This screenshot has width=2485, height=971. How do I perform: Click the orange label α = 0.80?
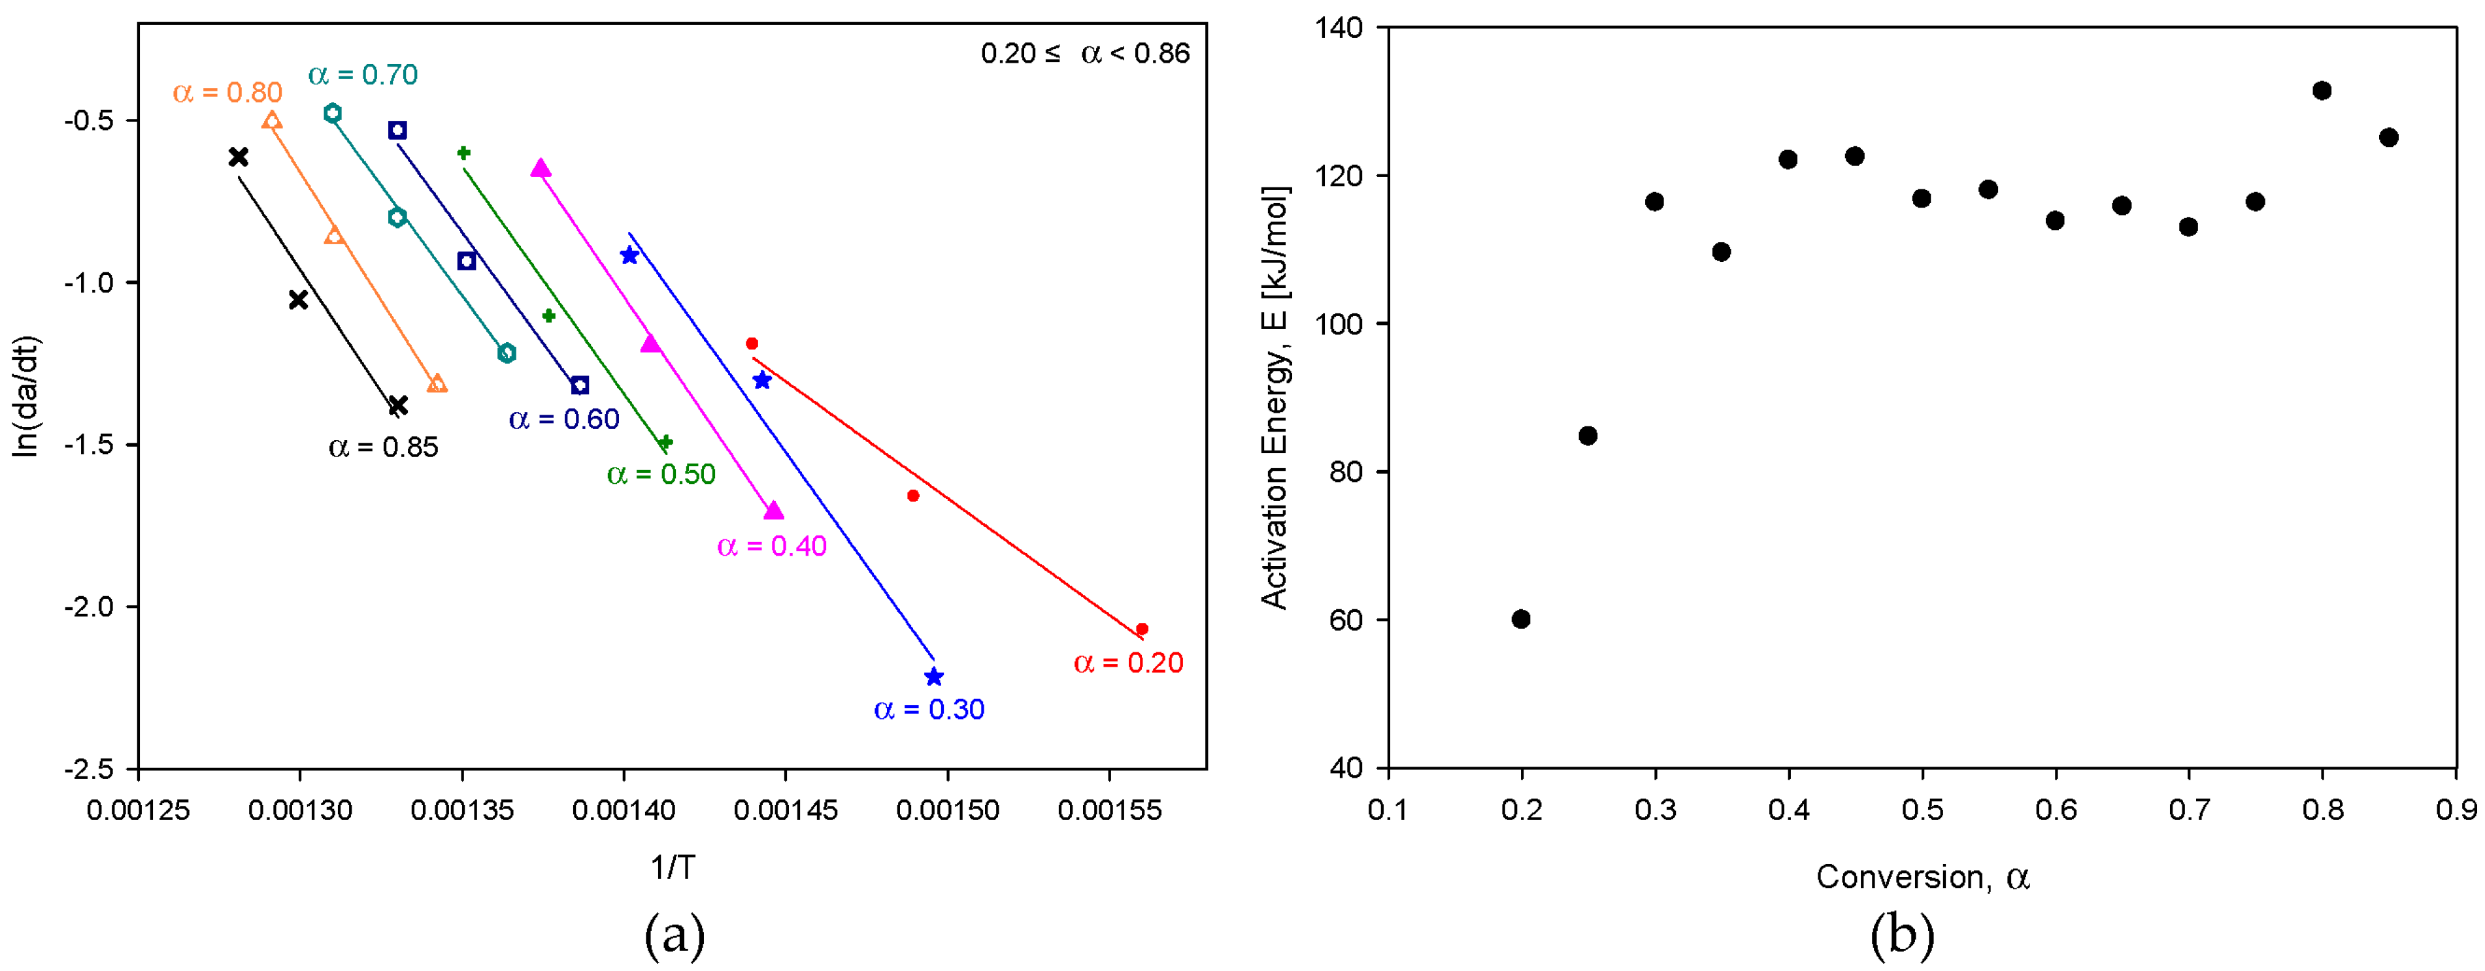click(227, 93)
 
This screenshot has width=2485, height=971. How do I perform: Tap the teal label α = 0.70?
click(363, 74)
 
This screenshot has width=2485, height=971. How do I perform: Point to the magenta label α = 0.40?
click(772, 546)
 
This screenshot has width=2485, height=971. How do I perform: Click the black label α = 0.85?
click(383, 447)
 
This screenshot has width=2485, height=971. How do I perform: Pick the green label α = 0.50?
click(661, 475)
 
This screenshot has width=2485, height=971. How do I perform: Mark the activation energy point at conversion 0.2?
click(1522, 619)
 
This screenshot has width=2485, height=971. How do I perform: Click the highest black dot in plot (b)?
click(2322, 91)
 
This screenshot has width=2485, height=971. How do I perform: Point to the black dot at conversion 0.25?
click(1588, 436)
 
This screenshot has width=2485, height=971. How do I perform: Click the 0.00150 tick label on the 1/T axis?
click(947, 810)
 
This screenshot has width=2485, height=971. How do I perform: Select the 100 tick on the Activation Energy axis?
click(1340, 324)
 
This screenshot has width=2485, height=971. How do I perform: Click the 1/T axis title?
click(673, 868)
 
